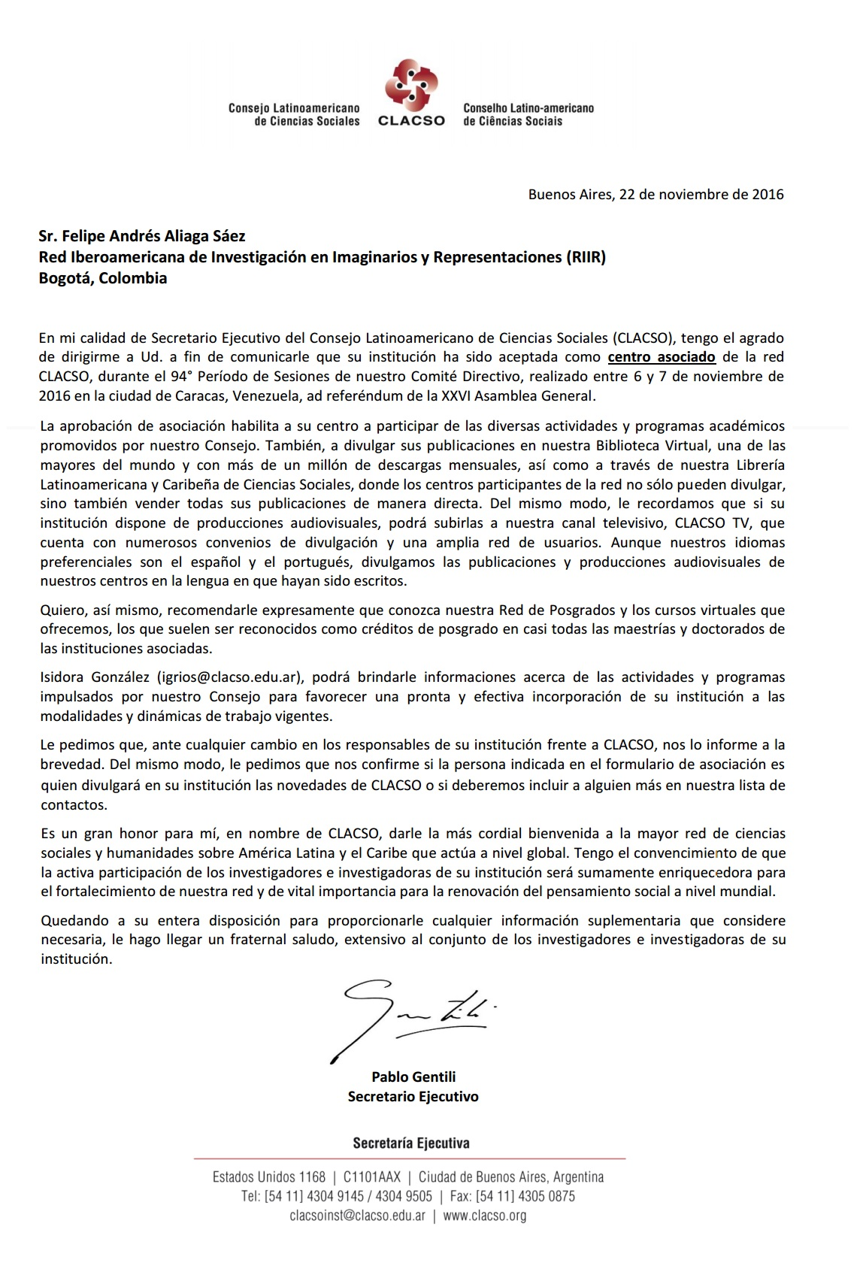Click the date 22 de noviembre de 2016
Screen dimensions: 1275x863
click(x=701, y=195)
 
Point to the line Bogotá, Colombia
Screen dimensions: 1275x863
click(x=103, y=278)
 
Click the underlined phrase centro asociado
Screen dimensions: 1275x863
click(x=662, y=357)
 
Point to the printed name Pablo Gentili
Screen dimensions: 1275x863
click(x=413, y=1077)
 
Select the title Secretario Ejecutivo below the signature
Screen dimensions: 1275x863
click(x=413, y=1097)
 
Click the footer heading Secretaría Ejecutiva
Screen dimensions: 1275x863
click(x=411, y=1143)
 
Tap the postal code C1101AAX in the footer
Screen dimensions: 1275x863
click(x=372, y=1177)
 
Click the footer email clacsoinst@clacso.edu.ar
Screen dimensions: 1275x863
click(x=358, y=1216)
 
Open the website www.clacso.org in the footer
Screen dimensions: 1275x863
click(x=485, y=1216)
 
